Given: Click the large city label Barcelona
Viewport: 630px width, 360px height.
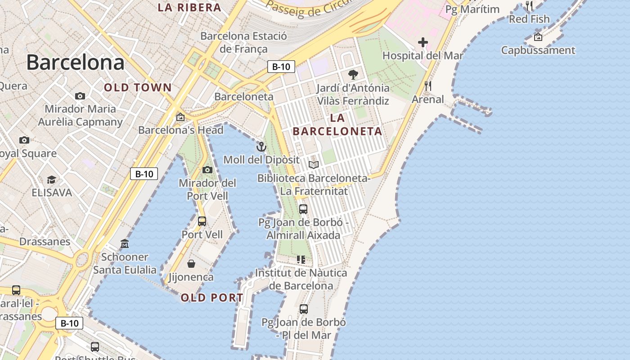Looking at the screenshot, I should [x=75, y=62].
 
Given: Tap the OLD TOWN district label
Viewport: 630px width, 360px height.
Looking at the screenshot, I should [x=138, y=88].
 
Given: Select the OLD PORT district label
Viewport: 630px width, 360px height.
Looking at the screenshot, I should [x=212, y=297].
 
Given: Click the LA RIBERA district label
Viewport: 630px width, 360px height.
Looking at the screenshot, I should [x=189, y=8].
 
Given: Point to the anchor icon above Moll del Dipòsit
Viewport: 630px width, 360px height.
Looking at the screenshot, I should [x=261, y=147].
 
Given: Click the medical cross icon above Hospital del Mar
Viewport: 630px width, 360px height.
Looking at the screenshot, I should [x=423, y=43].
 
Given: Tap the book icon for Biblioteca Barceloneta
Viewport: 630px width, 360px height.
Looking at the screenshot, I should [x=314, y=165].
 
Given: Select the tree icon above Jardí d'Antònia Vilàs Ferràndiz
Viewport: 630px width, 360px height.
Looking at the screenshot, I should [x=353, y=75].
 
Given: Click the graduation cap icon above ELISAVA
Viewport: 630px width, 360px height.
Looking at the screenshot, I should [x=51, y=180].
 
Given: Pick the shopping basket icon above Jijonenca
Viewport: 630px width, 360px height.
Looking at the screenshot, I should [x=191, y=264].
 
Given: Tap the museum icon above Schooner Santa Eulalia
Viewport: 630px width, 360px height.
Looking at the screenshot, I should [x=125, y=244].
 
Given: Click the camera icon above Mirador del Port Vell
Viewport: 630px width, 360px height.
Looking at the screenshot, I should [x=207, y=170].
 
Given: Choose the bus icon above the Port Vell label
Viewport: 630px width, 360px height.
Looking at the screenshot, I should [x=202, y=221].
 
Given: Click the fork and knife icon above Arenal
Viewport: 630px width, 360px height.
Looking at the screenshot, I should [x=427, y=86].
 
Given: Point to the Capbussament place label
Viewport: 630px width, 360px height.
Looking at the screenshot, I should [x=538, y=50].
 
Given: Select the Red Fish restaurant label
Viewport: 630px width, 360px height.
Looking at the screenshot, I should [x=529, y=19].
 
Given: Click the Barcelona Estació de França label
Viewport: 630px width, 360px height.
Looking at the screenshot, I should [x=243, y=42].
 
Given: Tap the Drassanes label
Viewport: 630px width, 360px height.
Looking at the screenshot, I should [x=45, y=242].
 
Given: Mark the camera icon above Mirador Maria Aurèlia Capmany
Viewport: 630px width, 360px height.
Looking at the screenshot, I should [x=80, y=96].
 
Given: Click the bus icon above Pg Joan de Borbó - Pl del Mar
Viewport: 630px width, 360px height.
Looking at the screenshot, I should [x=304, y=309].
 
